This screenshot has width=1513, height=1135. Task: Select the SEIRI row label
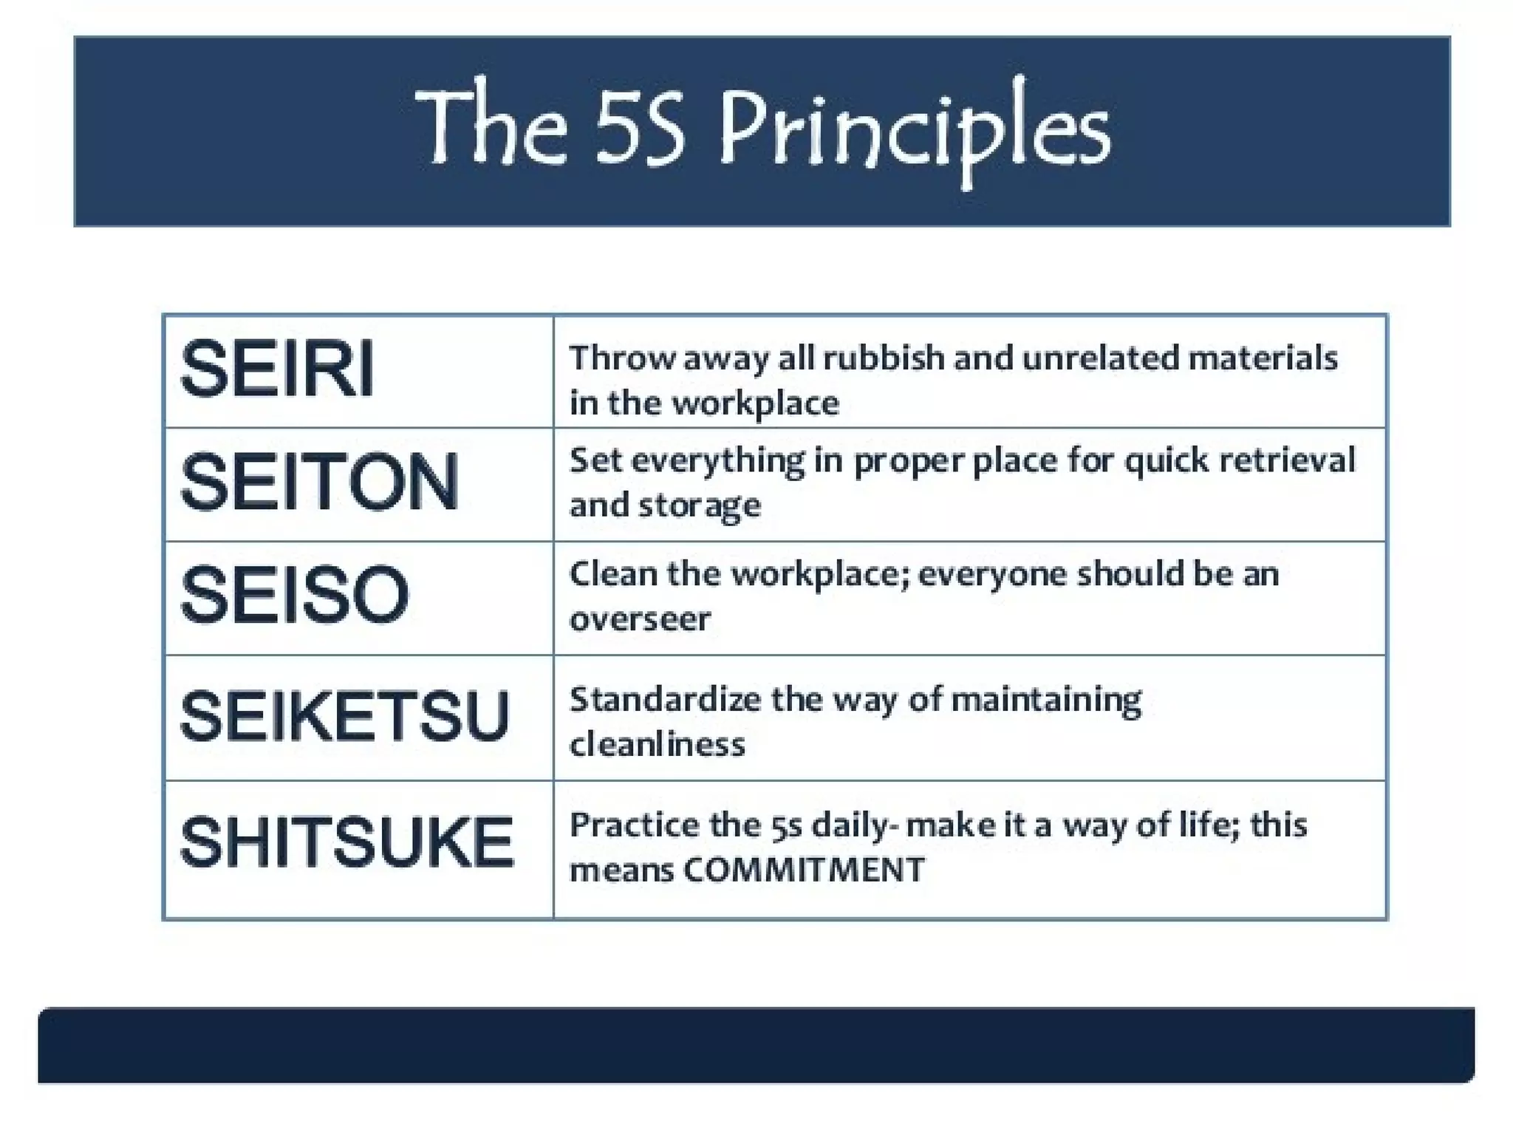(x=277, y=369)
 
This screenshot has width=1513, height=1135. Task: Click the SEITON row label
(x=319, y=483)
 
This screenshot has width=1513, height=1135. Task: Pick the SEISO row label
(x=294, y=595)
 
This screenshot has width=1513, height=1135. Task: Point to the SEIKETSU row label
(x=344, y=716)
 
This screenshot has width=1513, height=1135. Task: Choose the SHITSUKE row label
(x=346, y=842)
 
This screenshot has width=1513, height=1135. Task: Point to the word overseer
(x=640, y=619)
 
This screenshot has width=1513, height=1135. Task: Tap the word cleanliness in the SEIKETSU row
(x=657, y=744)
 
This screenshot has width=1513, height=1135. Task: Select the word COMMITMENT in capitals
(x=804, y=870)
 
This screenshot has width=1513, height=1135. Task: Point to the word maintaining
(x=1046, y=701)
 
